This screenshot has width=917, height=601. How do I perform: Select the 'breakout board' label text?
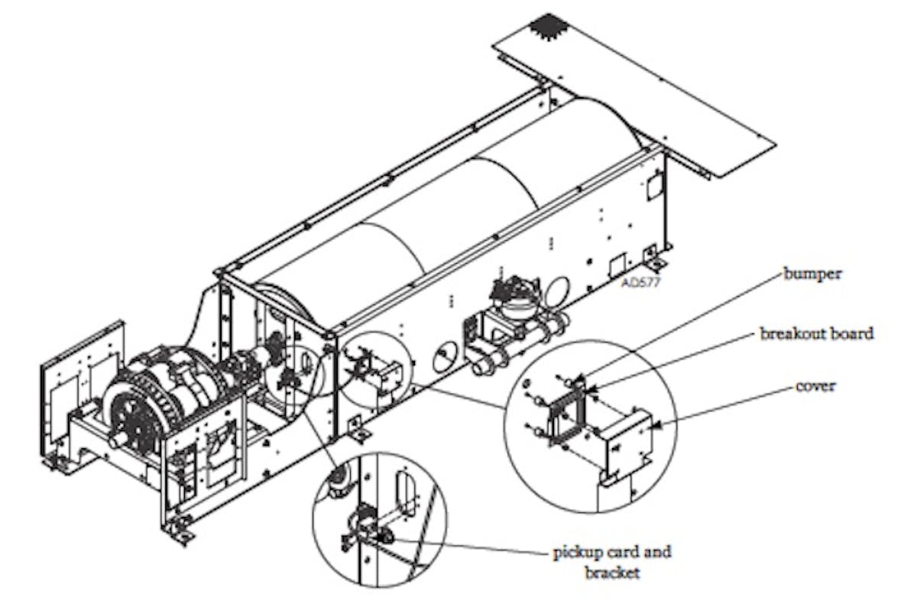pos(817,333)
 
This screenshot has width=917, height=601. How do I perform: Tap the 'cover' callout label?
pos(815,386)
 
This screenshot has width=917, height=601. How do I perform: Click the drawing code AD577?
pos(641,281)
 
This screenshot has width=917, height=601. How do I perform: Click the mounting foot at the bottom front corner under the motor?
pos(180,527)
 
